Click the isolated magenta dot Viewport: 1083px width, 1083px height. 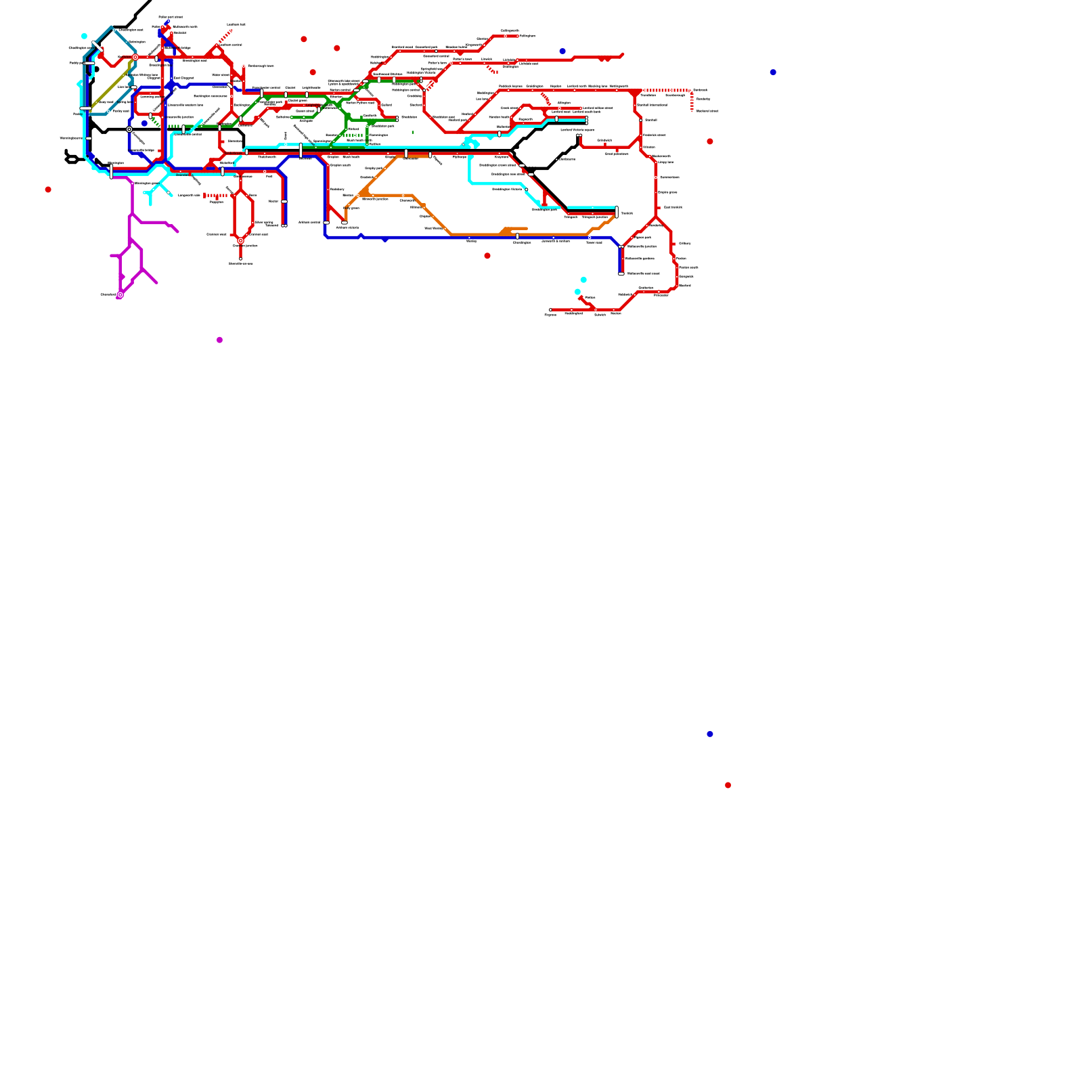click(219, 340)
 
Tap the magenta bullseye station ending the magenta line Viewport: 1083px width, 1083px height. click(120, 294)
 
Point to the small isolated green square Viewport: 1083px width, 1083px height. click(413, 132)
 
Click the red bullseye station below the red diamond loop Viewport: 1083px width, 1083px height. click(240, 240)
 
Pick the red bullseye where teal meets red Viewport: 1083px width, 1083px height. click(135, 58)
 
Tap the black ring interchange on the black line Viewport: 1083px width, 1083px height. click(129, 129)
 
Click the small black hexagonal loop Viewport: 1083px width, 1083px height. click(71, 160)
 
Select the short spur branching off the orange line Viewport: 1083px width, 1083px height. click(514, 229)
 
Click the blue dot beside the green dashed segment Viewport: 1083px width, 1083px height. click(144, 123)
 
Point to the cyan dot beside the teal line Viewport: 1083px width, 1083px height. click(84, 36)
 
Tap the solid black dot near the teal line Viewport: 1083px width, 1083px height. click(97, 69)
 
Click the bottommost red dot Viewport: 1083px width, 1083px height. click(728, 785)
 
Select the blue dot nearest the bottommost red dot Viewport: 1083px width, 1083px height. click(709, 734)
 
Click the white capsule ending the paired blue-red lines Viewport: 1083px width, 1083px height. click(621, 273)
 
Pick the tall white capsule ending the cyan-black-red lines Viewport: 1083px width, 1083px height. click(617, 212)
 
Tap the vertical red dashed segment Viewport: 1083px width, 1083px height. click(692, 102)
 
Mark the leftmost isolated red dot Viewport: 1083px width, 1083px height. click(48, 190)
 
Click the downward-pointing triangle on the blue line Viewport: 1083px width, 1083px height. click(385, 240)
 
